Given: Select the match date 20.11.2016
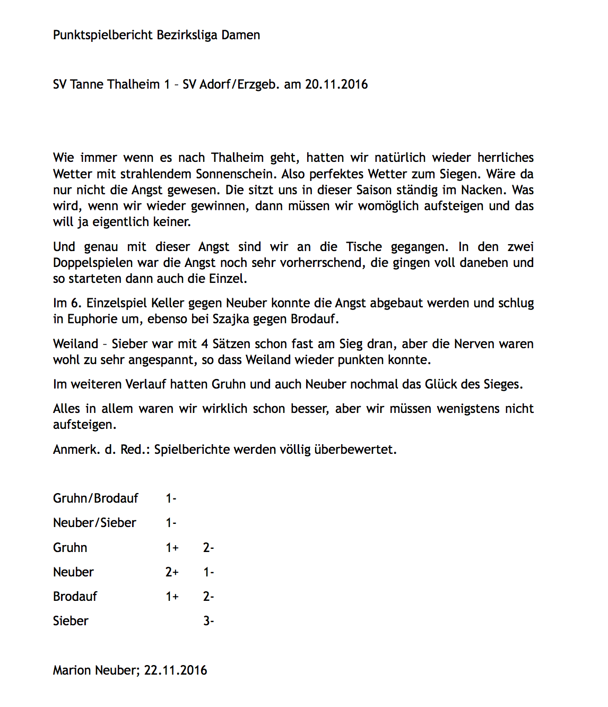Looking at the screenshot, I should (x=336, y=84).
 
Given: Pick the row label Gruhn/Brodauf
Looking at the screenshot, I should (x=95, y=498).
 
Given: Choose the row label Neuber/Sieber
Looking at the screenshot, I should (x=94, y=523).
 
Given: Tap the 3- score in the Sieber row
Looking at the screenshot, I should (x=209, y=621).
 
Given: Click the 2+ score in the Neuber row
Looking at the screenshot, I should (x=172, y=572).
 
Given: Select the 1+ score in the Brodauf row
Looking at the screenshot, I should (x=172, y=597).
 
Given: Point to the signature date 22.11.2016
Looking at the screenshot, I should (x=176, y=670).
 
